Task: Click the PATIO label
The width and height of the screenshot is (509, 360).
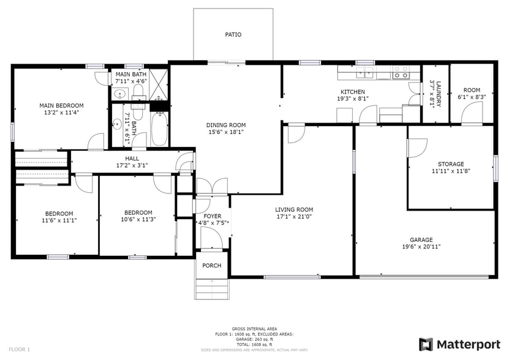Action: (x=233, y=35)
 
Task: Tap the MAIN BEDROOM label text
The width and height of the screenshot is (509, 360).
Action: (x=61, y=105)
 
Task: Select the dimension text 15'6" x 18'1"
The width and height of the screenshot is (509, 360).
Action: (x=226, y=133)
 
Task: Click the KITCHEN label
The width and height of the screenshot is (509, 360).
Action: (x=352, y=92)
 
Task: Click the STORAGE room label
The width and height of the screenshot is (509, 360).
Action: (x=450, y=164)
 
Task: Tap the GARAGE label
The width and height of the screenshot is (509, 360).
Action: (x=421, y=240)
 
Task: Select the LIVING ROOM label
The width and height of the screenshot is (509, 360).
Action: (x=295, y=209)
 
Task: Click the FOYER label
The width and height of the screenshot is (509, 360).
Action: (x=212, y=216)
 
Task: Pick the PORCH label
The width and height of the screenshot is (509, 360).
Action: (x=212, y=266)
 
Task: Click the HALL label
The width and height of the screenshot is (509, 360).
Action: (x=132, y=158)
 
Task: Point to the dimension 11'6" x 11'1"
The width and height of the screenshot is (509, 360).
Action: (x=59, y=220)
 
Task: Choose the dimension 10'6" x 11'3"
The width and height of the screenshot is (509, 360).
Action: (x=138, y=220)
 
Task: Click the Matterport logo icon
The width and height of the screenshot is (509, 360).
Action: (x=426, y=344)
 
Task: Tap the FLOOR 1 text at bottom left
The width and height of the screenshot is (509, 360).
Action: (x=19, y=349)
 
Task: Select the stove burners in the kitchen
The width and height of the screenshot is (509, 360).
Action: (x=401, y=72)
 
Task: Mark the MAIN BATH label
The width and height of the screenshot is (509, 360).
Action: (x=130, y=74)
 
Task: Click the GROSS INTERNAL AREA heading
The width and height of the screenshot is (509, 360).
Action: (x=254, y=329)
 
